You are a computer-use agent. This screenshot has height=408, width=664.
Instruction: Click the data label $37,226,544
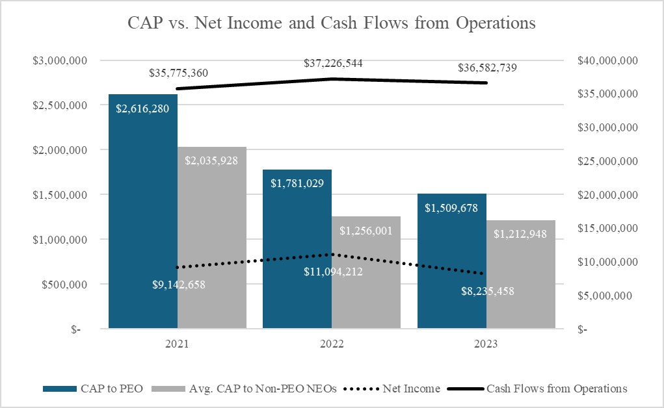(x=334, y=64)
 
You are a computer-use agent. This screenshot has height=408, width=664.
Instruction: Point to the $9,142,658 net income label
(x=175, y=284)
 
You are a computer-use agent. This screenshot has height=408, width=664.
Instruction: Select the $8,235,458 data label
(x=484, y=291)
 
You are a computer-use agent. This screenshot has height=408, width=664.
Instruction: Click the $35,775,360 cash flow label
(x=178, y=73)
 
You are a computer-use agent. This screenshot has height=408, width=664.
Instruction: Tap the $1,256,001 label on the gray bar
(x=366, y=231)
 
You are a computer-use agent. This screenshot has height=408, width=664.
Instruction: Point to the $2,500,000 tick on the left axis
(x=62, y=105)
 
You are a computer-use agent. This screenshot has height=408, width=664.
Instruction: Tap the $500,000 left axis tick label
(x=66, y=285)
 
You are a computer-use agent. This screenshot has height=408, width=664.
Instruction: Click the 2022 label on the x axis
(x=332, y=345)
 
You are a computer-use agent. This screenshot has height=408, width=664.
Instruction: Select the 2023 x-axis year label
(x=486, y=345)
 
